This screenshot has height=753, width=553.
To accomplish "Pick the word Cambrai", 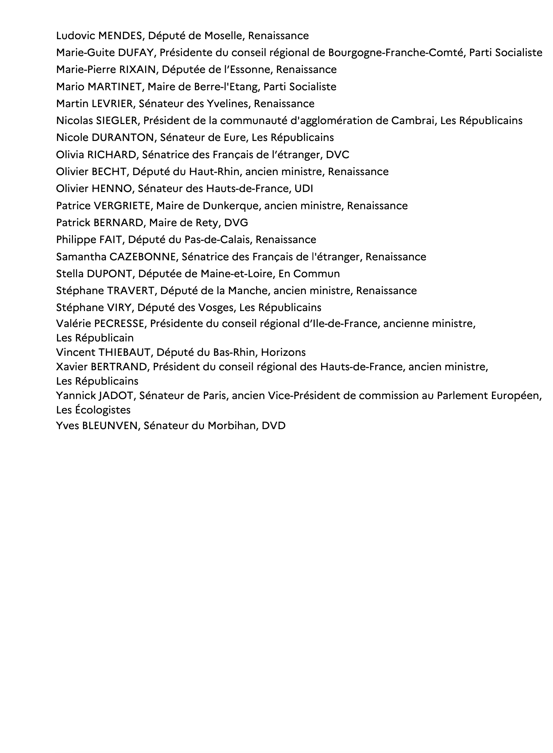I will click(413, 121).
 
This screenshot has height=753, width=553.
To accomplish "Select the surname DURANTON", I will click(122, 138).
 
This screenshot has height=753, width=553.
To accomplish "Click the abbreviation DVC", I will click(338, 155).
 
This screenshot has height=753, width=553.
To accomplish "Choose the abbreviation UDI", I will click(304, 189).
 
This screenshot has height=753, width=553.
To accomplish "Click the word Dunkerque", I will click(231, 205).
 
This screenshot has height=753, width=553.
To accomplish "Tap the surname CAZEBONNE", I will click(142, 257).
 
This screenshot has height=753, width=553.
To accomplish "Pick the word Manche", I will click(249, 291).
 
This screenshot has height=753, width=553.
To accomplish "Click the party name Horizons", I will click(283, 352).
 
